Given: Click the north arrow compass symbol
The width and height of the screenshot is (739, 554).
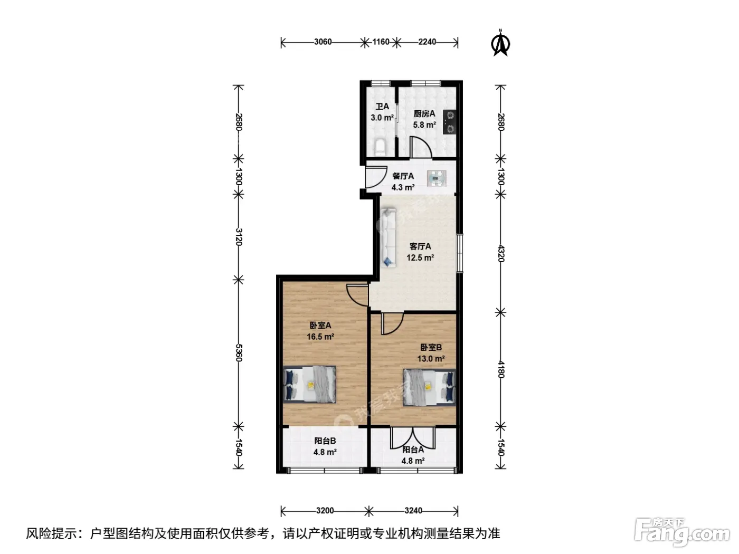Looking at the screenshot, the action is pyautogui.click(x=500, y=43).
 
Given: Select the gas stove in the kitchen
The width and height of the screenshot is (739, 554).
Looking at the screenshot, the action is pyautogui.click(x=450, y=122).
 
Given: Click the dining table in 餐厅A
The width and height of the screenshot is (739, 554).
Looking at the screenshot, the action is pyautogui.click(x=437, y=178).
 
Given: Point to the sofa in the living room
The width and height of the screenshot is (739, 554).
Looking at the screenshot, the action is pyautogui.click(x=388, y=237).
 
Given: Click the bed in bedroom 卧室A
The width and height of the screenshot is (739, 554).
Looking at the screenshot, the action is pyautogui.click(x=309, y=384).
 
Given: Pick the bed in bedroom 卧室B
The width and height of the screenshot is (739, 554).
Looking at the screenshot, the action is pyautogui.click(x=430, y=387).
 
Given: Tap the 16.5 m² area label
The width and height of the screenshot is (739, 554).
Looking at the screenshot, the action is pyautogui.click(x=320, y=337).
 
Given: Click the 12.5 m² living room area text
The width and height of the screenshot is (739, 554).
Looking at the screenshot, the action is pyautogui.click(x=420, y=257).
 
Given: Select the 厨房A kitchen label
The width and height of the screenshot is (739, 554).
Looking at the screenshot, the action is pyautogui.click(x=424, y=113).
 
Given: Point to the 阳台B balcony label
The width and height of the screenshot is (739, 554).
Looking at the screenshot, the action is pyautogui.click(x=325, y=441).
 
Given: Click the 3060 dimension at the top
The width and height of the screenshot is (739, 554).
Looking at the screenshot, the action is pyautogui.click(x=323, y=42).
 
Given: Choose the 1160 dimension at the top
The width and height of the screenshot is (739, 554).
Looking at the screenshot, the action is pyautogui.click(x=381, y=42).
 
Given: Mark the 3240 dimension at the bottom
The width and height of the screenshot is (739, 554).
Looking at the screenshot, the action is pyautogui.click(x=413, y=511).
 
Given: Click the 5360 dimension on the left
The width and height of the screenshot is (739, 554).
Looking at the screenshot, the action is pyautogui.click(x=239, y=353).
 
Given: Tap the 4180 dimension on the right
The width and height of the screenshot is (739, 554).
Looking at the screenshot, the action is pyautogui.click(x=500, y=369).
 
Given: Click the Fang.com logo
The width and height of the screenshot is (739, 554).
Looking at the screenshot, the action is pyautogui.click(x=682, y=532).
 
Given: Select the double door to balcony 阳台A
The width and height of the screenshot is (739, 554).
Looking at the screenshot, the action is pyautogui.click(x=413, y=437).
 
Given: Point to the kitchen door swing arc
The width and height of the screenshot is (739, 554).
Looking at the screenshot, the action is pyautogui.click(x=421, y=147).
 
